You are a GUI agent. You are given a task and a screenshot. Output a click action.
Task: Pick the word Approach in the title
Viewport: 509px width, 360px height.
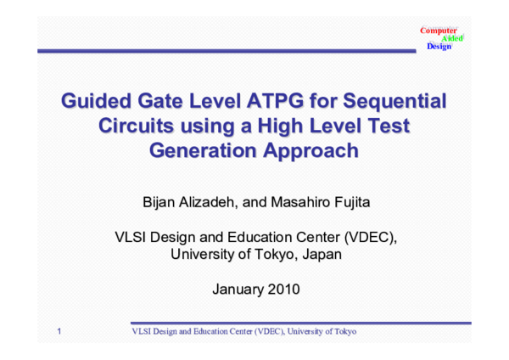click(297, 152)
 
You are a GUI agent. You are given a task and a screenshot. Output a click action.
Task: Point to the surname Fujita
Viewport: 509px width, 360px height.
click(362, 202)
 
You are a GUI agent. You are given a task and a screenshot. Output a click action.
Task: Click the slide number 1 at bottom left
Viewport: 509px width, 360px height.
click(59, 330)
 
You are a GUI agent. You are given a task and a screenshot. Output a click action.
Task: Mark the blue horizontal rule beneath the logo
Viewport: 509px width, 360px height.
click(229, 52)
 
